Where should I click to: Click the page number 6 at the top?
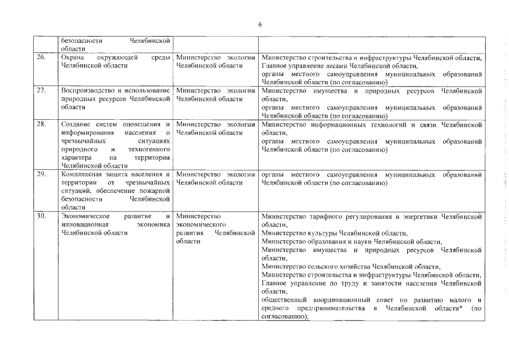tap(260, 24)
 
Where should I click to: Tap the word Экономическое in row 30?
tap(86, 215)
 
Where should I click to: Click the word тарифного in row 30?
tap(323, 215)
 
